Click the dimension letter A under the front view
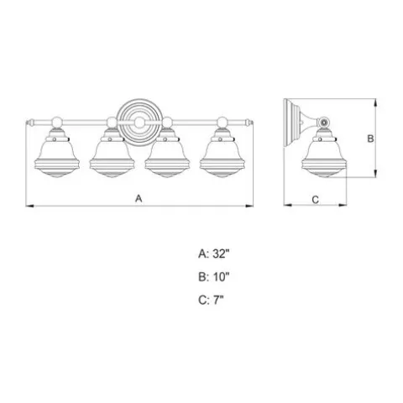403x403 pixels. (x=139, y=198)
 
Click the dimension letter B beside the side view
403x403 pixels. (x=370, y=139)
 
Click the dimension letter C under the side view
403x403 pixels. (x=315, y=200)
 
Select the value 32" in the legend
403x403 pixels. (x=221, y=254)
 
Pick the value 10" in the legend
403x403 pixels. (x=221, y=277)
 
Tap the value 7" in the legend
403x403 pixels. (x=218, y=301)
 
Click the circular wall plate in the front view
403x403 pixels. (x=139, y=123)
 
